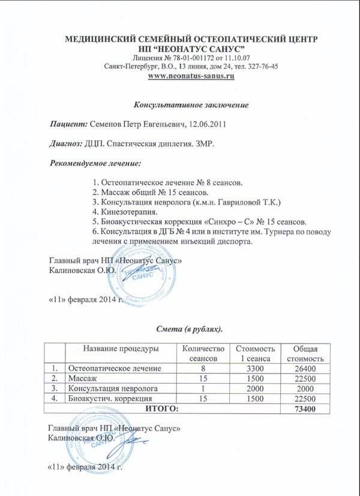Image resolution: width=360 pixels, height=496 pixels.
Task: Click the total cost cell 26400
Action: [x=304, y=367]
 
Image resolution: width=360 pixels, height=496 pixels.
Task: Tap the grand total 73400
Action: [x=304, y=408]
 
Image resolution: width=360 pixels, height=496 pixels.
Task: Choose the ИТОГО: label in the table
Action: [x=159, y=408]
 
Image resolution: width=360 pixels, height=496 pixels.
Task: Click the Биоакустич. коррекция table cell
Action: [x=109, y=398]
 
